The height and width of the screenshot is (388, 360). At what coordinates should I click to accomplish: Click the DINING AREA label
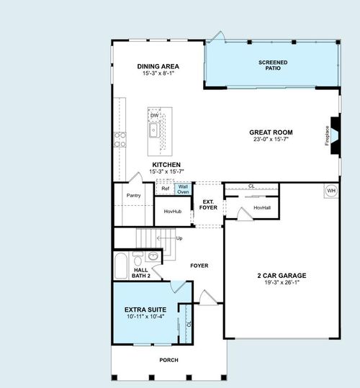point(158,66)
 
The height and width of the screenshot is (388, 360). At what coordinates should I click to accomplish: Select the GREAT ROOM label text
point(270,132)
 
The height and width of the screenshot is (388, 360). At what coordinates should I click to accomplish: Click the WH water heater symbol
point(331,190)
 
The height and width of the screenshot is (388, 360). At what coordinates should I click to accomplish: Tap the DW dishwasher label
point(154,115)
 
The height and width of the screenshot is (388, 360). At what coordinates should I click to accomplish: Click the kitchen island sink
point(154,130)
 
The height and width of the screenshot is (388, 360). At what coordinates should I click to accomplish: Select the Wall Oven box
point(183,189)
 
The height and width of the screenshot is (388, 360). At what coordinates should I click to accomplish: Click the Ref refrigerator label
point(166,189)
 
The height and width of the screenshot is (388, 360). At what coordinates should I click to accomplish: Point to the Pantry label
point(133,195)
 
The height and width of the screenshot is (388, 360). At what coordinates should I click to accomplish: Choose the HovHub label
point(173,211)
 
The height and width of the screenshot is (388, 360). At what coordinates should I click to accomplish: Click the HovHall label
point(262,207)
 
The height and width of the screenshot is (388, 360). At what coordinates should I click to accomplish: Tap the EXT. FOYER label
point(208,204)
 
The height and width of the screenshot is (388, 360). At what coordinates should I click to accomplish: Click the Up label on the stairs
point(179,238)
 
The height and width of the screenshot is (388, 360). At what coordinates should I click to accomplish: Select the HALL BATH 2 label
point(141,273)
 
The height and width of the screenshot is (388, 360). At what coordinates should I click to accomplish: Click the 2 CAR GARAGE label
point(282,275)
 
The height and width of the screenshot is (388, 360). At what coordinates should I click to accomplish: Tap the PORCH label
point(168,360)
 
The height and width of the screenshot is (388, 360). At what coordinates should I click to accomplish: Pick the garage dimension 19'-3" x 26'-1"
point(282,282)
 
